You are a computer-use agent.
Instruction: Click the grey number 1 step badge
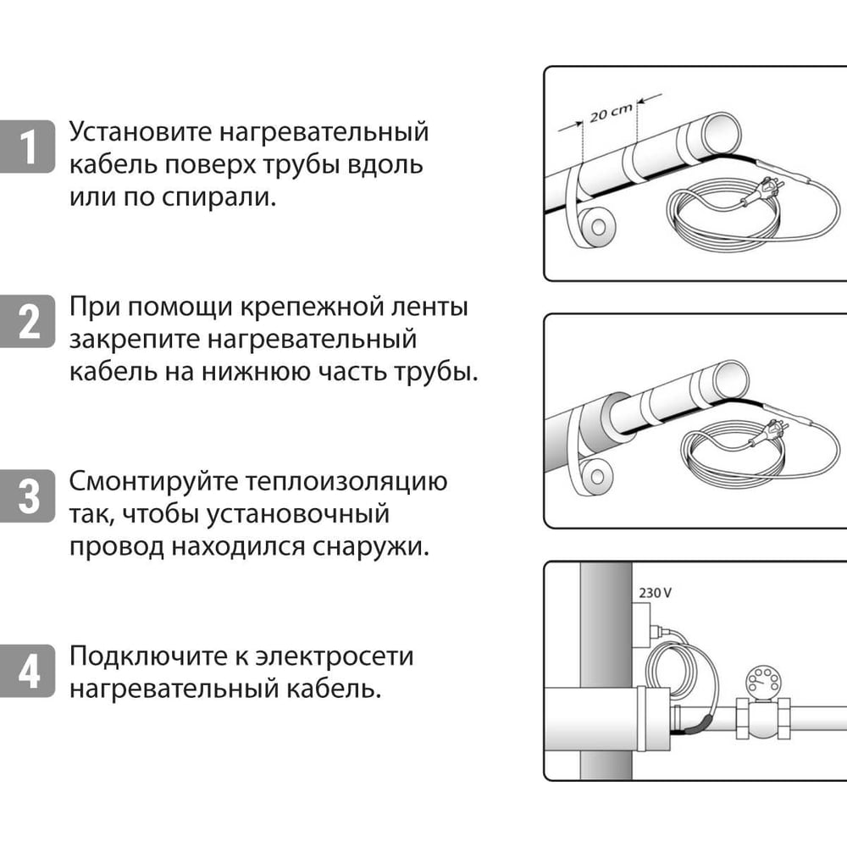[30, 147]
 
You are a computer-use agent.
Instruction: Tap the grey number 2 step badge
[30, 323]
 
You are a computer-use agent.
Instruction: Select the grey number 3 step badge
[30, 496]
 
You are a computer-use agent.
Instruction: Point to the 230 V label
[655, 593]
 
